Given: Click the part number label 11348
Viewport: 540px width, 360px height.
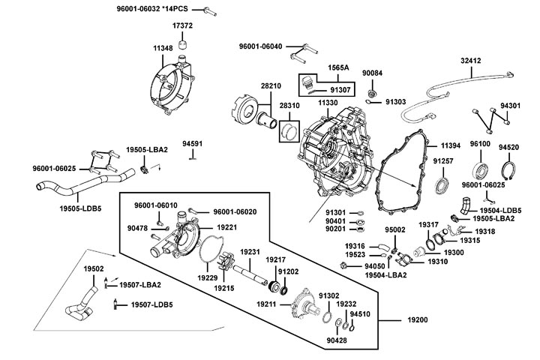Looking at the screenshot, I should (163, 47).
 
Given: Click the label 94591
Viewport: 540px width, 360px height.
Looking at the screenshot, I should (193, 142).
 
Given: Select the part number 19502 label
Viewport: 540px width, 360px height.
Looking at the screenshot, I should (93, 268).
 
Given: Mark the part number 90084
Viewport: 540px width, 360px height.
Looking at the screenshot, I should (373, 73).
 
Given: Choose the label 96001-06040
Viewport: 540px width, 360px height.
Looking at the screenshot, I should (261, 46).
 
